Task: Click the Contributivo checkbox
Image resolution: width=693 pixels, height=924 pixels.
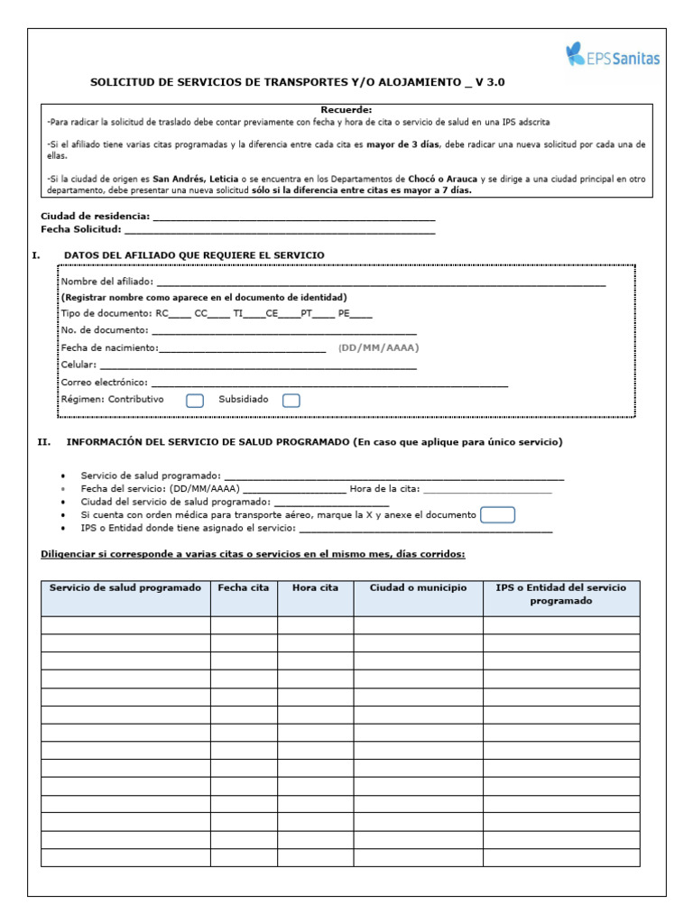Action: pos(194,401)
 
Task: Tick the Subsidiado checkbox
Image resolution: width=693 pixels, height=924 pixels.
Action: pos(291,401)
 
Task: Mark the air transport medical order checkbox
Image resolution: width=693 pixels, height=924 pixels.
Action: pos(498,514)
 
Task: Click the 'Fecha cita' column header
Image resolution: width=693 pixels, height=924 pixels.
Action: pos(244,587)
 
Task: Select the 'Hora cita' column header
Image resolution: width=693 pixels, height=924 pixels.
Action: pos(315,587)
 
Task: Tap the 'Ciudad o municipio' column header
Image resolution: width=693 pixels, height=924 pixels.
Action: pos(418,587)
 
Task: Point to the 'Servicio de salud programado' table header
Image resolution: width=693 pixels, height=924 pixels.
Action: pos(125,587)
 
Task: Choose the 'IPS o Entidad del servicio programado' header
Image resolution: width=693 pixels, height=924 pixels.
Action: pos(560,594)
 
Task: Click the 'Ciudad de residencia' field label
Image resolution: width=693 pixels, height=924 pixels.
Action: pos(95,217)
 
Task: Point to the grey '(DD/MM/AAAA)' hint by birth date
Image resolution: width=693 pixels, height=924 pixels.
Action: pos(378,347)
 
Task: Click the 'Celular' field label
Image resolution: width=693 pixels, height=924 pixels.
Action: pos(78,365)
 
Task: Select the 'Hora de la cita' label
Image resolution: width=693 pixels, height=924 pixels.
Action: pos(384,488)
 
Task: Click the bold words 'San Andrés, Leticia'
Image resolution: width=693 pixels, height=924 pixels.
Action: pos(195,179)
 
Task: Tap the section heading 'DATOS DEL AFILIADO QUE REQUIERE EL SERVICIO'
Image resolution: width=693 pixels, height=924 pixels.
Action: pos(194,255)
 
